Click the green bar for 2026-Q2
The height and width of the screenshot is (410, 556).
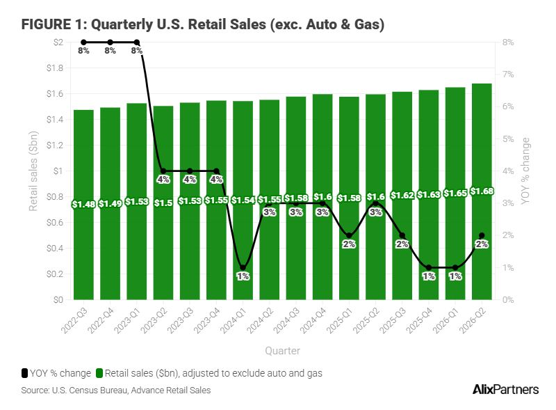(x=482, y=191)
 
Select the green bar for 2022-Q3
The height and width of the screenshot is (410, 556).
(x=83, y=205)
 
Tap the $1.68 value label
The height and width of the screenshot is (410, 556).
(x=482, y=191)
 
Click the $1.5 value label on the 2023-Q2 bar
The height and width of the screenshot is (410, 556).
(x=163, y=203)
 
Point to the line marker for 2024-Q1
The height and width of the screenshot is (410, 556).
(x=243, y=267)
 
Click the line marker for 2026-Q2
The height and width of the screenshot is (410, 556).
(x=482, y=235)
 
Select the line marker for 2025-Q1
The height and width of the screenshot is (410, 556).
(x=349, y=235)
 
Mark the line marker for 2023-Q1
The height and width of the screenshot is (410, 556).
(x=137, y=42)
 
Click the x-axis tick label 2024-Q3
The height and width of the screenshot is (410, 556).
(x=286, y=320)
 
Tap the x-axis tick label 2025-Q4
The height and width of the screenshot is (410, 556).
(x=419, y=320)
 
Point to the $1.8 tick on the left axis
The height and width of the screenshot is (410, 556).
(x=55, y=68)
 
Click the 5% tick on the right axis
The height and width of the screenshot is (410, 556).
(x=508, y=139)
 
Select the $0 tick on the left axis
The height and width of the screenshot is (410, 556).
(x=58, y=300)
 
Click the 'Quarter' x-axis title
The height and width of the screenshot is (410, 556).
(x=283, y=351)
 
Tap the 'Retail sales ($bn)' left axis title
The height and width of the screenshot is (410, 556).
(x=33, y=171)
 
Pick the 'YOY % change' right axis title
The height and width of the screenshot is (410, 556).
(x=525, y=171)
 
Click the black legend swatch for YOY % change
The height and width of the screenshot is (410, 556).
(x=24, y=373)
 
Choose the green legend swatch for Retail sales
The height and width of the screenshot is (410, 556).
(x=99, y=373)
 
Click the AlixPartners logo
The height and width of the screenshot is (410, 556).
(x=506, y=389)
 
